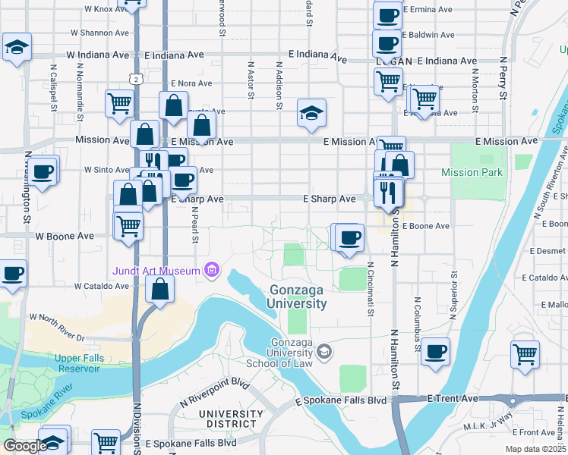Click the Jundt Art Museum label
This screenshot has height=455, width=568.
(156, 271)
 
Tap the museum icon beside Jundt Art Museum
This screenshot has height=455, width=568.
(211, 270)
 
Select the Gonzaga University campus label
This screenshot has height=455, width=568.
(297, 297)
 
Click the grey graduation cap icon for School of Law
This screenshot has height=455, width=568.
(325, 351)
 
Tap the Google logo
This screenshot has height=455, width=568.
(24, 446)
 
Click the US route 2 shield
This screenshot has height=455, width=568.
(135, 78)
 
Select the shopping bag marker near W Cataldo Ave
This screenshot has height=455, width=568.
(159, 289)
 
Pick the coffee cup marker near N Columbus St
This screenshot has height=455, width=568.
(435, 352)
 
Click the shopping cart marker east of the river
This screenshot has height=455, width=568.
(525, 354)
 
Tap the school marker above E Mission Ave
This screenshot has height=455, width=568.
(311, 114)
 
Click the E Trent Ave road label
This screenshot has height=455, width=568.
(453, 398)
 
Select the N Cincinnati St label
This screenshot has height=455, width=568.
(371, 289)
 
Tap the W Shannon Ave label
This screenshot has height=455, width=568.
(99, 33)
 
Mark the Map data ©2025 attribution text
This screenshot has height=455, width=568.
(535, 449)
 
